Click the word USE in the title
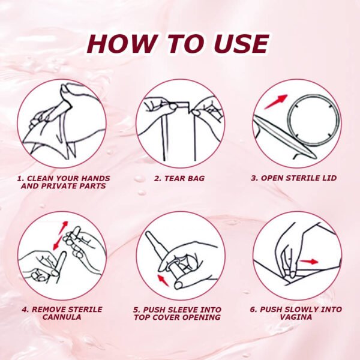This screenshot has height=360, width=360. point(239,44)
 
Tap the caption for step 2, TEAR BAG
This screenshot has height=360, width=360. point(179,178)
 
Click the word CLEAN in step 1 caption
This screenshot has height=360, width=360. point(44,178)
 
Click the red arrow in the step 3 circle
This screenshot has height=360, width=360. point(275,101)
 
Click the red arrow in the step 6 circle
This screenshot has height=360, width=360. point(310,262)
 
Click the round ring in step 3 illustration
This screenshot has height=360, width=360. point(309,119)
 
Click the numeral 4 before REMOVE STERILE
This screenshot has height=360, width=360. point(24,310)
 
